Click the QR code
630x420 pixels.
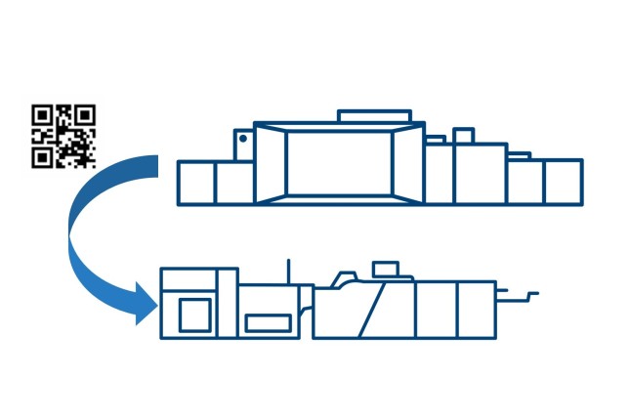pyautogui.click(x=64, y=136)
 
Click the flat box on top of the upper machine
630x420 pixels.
pyautogui.click(x=373, y=116)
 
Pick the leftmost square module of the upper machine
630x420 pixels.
pyautogui.click(x=196, y=184)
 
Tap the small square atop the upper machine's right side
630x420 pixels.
pyautogui.click(x=463, y=136)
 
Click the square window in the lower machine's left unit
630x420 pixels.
pyautogui.click(x=194, y=315)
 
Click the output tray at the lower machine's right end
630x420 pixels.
pyautogui.click(x=518, y=293)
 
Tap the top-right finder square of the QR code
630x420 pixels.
pyautogui.click(x=85, y=115)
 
